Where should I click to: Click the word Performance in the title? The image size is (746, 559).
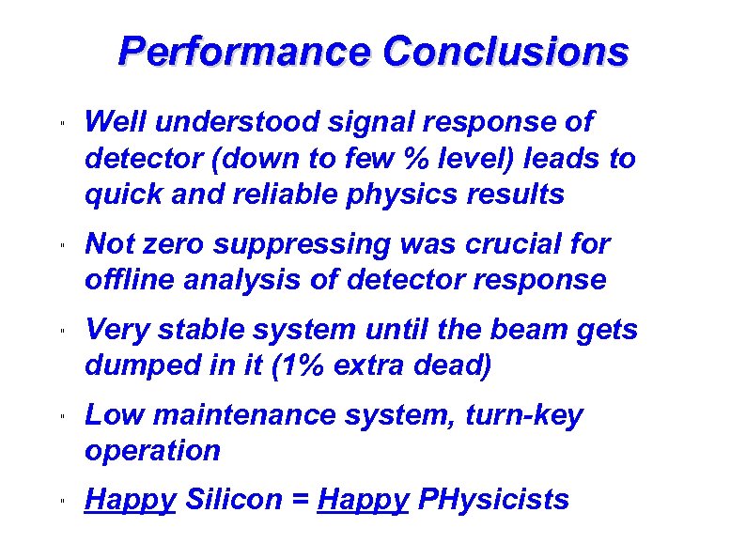(244, 52)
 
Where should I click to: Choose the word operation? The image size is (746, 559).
(152, 450)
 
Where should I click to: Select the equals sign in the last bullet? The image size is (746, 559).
(301, 500)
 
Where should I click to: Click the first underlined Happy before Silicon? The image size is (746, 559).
(130, 499)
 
